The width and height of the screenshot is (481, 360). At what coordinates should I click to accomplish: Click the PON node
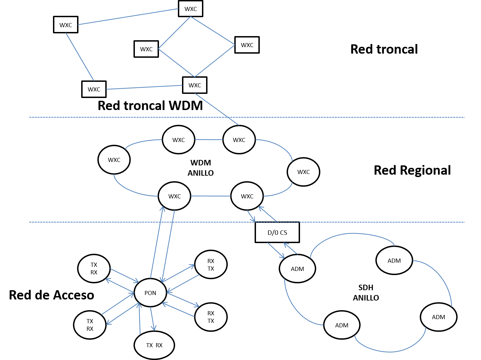point(150,293)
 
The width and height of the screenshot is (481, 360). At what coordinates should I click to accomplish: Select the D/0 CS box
point(277,233)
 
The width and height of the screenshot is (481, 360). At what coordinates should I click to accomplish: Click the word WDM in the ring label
point(201,163)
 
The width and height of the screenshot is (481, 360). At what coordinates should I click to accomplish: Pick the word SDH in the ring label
point(366,287)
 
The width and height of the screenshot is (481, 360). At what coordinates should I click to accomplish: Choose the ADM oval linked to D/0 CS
point(297,269)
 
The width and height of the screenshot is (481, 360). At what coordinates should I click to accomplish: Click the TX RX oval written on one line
point(154,345)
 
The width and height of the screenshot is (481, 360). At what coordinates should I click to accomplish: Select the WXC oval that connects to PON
point(174,196)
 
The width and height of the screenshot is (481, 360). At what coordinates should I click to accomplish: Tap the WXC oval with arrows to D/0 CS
point(247,196)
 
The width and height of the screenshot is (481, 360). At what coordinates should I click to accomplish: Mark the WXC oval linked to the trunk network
point(239,140)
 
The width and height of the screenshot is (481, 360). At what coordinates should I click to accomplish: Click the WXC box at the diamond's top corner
point(191,9)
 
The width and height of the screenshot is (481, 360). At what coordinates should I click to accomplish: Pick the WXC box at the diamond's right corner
point(247,45)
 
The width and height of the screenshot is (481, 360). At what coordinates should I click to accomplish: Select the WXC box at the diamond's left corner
point(146,49)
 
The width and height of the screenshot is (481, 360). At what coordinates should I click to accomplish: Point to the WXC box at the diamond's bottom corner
point(195,85)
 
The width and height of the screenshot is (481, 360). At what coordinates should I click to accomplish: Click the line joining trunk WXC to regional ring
point(217,109)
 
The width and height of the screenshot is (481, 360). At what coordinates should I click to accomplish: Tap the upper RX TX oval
point(211,265)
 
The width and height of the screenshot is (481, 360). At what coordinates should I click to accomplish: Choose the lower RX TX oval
point(211,317)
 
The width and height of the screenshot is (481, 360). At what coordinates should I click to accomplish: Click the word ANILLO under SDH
point(366,298)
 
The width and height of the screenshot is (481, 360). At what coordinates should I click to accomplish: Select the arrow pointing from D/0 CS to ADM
point(276,250)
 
